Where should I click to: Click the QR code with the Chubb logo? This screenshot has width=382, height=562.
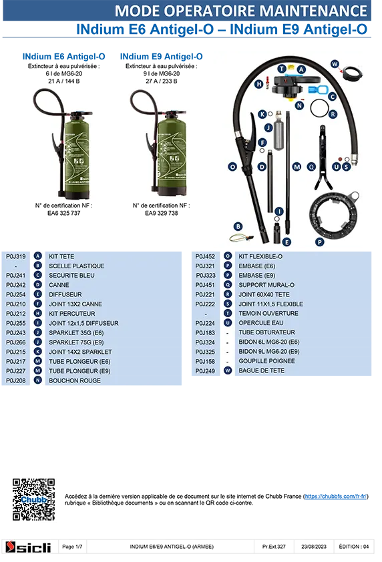pos(33,499)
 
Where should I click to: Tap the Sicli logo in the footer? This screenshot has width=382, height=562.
pos(28,547)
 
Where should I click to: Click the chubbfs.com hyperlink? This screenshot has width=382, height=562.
pos(336,497)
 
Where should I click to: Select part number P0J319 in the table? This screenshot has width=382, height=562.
pos(16,256)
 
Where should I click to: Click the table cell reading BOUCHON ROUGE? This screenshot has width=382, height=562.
pos(75,380)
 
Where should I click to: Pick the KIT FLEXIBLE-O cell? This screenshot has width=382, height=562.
pos(260,256)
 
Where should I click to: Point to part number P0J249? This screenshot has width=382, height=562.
pos(205,371)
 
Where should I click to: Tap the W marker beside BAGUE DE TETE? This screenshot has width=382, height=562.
pos(228,370)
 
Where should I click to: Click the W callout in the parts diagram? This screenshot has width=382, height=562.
pos(335,64)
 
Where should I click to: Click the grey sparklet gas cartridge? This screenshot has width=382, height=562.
pos(279,131)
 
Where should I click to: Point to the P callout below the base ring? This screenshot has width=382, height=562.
pos(320,242)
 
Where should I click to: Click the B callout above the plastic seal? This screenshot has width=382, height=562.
pos(238,226)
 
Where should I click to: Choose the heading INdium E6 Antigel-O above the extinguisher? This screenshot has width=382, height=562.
pos(64,57)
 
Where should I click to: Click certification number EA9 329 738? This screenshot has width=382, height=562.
pos(162,214)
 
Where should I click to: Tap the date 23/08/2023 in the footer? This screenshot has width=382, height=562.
pos(314,547)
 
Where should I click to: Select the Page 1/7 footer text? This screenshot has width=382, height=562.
pos(72,547)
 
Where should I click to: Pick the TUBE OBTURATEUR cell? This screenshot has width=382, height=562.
pos(267,332)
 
